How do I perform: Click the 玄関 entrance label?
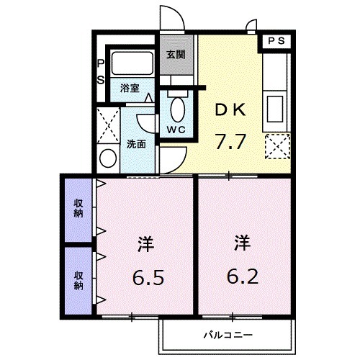176,54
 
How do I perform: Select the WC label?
176,129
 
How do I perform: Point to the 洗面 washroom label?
137,143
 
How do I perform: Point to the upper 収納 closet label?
78,209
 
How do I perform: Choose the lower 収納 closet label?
78,279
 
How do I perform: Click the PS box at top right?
276,42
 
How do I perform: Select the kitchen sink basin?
276,108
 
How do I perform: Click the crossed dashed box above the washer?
109,124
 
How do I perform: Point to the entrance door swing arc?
168,16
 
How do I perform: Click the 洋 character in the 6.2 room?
242,243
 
